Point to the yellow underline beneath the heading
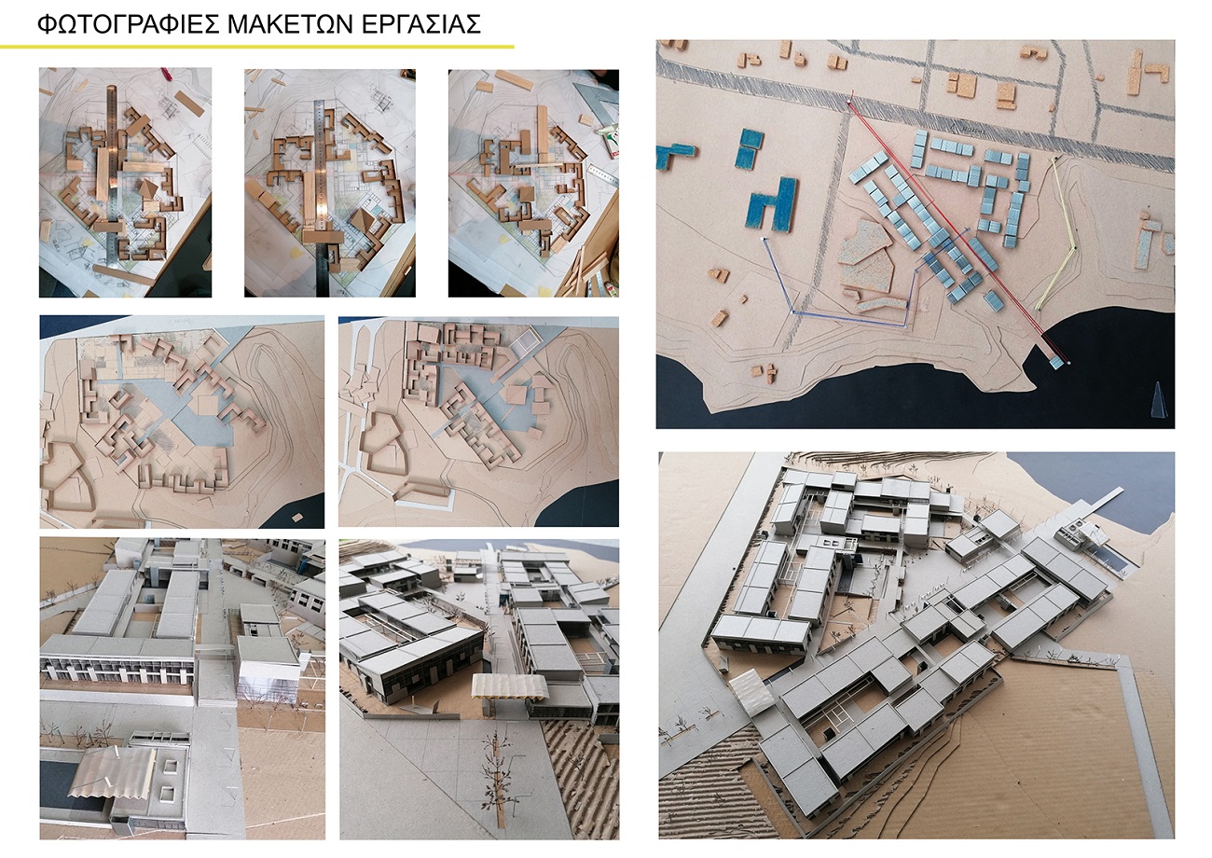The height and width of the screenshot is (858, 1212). pos(257,47)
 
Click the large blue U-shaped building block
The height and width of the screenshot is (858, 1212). pos(772,206)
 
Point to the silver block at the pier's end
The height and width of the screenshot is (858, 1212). pos(1055,362)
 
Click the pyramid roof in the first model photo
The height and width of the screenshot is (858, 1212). pos(145,189)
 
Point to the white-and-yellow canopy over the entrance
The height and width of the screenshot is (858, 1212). pos(509,687)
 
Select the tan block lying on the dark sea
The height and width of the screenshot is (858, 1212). pos(296,517)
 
